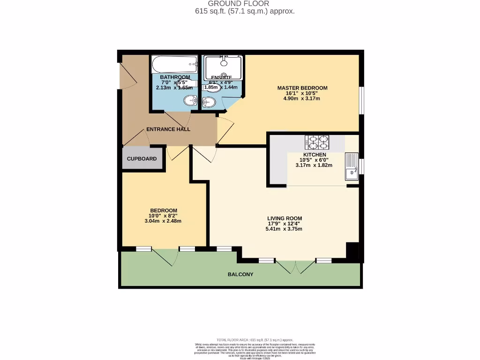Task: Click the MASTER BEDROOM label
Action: pos(302,88)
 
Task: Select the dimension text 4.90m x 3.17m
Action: pos(302,98)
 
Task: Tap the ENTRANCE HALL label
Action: pos(168,129)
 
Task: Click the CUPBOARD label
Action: pos(142,159)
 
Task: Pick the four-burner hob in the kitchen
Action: pos(317,142)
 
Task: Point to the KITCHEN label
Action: pos(315,155)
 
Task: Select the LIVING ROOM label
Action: pos(285,218)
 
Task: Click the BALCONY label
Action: pos(240,274)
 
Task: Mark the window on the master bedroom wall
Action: pos(361,100)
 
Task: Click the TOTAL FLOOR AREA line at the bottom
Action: pos(255,340)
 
